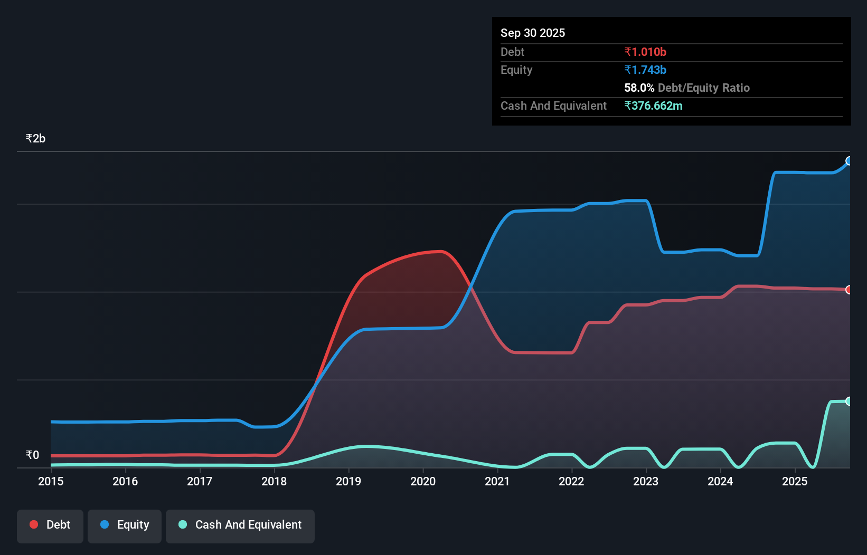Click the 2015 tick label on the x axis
click(51, 481)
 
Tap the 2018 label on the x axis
click(274, 481)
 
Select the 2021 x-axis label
click(497, 481)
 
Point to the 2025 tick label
click(795, 481)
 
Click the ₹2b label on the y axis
click(35, 138)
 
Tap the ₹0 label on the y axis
click(32, 455)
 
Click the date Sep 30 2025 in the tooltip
click(533, 33)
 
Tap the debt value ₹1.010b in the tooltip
click(645, 52)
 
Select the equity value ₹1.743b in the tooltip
click(645, 70)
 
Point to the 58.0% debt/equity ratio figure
click(639, 88)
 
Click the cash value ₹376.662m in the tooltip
click(653, 106)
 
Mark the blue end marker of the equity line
click(849, 161)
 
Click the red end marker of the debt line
click(849, 290)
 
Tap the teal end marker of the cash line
click(849, 401)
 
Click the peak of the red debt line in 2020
click(439, 252)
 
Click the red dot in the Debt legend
click(34, 524)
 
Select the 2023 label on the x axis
click(646, 481)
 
